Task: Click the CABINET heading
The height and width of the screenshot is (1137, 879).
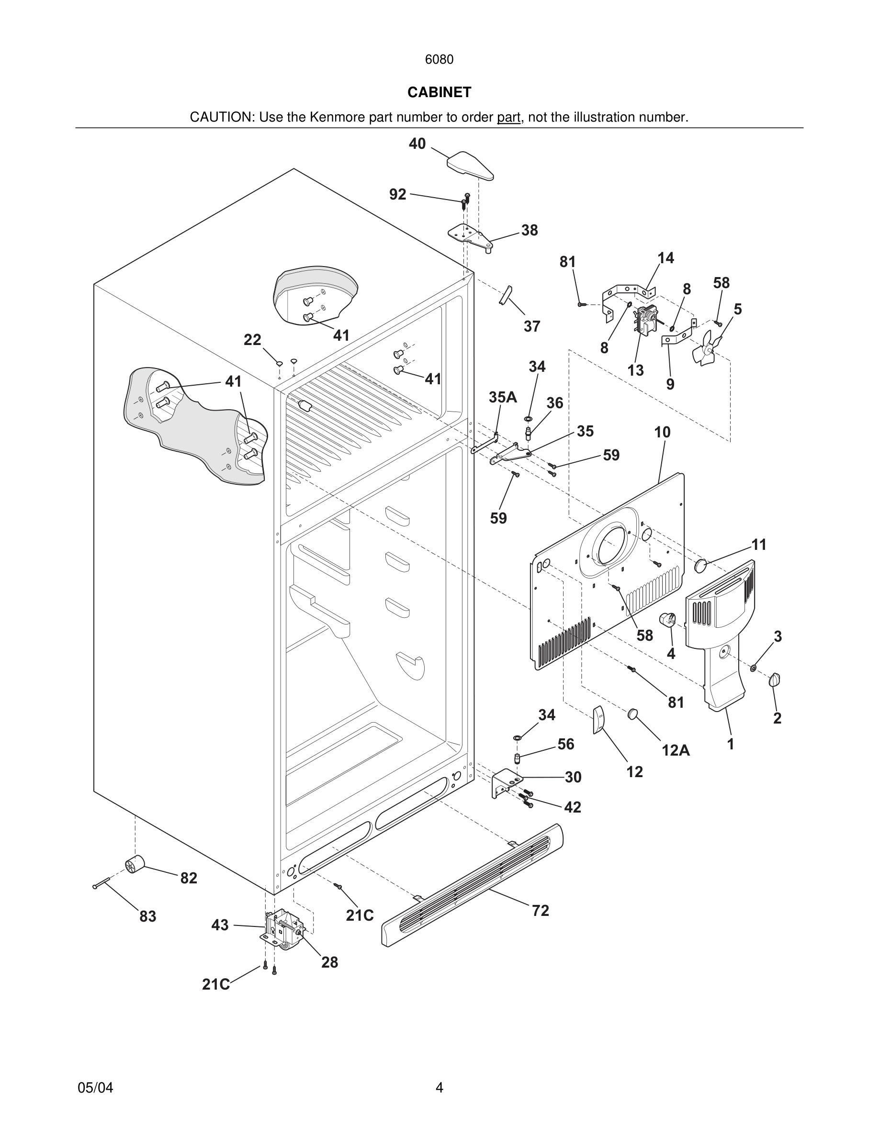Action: (439, 92)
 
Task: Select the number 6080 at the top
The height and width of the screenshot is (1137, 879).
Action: (439, 60)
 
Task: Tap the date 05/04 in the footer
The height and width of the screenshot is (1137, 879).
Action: (95, 1088)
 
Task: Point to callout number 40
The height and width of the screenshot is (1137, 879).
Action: (417, 144)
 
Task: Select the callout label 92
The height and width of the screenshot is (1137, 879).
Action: (398, 194)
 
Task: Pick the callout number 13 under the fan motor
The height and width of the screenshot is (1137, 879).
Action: (635, 371)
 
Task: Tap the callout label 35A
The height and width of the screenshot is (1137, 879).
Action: (503, 397)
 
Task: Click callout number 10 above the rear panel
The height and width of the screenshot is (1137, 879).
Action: (663, 432)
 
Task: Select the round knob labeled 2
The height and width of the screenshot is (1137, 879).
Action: (775, 679)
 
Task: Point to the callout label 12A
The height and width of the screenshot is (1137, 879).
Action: (676, 750)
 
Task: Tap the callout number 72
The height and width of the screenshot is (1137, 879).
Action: (540, 911)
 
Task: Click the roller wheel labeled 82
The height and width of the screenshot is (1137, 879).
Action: (135, 865)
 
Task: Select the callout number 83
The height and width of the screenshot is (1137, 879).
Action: (148, 916)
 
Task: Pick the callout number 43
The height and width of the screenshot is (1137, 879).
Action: (220, 925)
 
